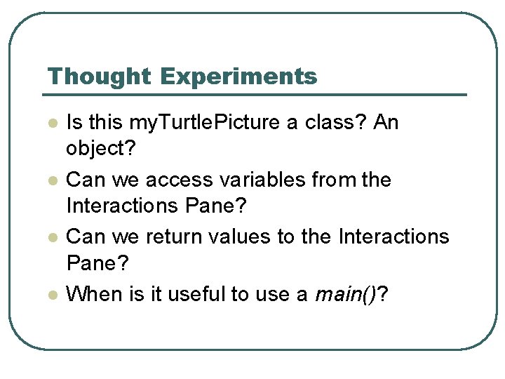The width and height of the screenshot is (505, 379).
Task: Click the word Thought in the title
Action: coord(98,77)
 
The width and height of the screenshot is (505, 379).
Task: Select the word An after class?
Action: coord(386,123)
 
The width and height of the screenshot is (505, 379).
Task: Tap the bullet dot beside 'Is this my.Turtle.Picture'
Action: coord(51,123)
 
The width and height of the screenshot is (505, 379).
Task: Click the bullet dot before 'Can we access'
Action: coord(51,180)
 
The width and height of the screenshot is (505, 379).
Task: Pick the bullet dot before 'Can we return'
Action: coord(51,237)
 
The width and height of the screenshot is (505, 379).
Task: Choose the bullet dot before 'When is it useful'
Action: coord(51,294)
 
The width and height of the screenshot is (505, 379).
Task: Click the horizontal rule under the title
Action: coord(252,95)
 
